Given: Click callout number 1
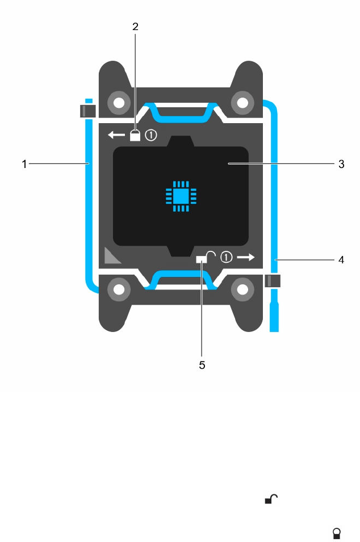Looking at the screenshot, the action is [24, 164].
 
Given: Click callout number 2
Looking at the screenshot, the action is [135, 26].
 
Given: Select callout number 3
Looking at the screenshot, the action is [341, 164].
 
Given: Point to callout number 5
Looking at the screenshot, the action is [202, 365].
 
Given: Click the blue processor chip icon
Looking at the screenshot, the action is [180, 196].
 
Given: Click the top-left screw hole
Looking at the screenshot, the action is [118, 103].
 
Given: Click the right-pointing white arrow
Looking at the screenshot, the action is [246, 257].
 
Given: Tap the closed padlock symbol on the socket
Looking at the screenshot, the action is [135, 135].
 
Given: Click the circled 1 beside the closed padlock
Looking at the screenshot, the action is [151, 136].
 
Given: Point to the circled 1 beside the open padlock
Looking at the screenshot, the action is [226, 257].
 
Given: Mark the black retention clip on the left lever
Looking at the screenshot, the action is [87, 110].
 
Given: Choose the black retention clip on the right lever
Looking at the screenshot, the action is [273, 281].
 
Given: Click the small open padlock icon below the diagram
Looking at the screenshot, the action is [272, 499].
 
